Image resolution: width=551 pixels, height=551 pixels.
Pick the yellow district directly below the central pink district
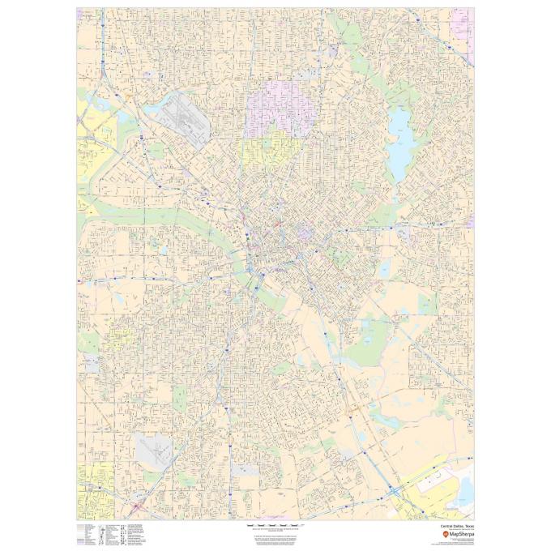coord(271,150)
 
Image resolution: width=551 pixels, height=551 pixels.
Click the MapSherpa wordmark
coord(459,535)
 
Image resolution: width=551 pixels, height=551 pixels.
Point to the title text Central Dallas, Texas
coord(456,525)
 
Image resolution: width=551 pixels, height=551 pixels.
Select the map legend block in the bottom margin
coord(113,535)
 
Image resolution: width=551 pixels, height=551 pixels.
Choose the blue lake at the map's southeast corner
coord(464,486)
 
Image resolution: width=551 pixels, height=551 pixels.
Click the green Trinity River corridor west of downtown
coord(162,215)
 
